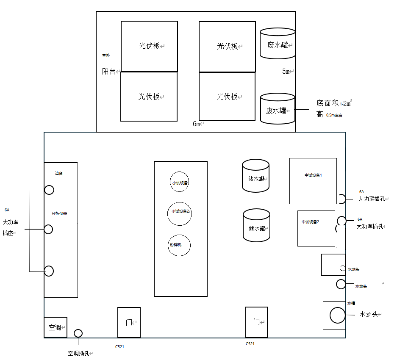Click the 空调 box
pos(56,327)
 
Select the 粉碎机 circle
pos(179,245)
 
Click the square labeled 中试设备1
pos(313,181)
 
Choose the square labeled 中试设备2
pos(316,228)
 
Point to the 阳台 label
pos(110,72)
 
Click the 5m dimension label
pos(286,72)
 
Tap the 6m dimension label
pos(197,124)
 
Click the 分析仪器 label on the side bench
pos(59,213)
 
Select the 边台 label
pos(59,173)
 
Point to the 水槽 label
pos(351,303)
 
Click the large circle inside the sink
pos(338,315)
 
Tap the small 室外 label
pos(105,55)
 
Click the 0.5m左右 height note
pos(334,115)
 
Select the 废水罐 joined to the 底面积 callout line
pos(278,109)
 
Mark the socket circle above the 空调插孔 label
pos(78,333)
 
